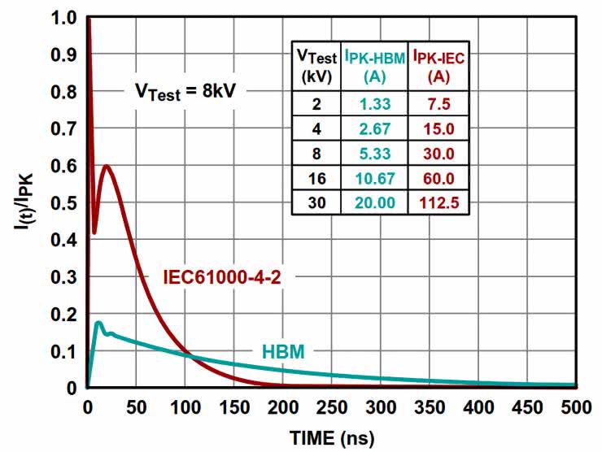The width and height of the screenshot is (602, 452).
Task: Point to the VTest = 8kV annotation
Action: pyautogui.click(x=188, y=91)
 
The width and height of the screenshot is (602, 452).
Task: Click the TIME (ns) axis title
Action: pyautogui.click(x=333, y=438)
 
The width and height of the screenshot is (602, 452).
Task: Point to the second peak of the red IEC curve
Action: pyautogui.click(x=105, y=166)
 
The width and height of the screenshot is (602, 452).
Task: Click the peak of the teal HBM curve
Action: pyautogui.click(x=98, y=323)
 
